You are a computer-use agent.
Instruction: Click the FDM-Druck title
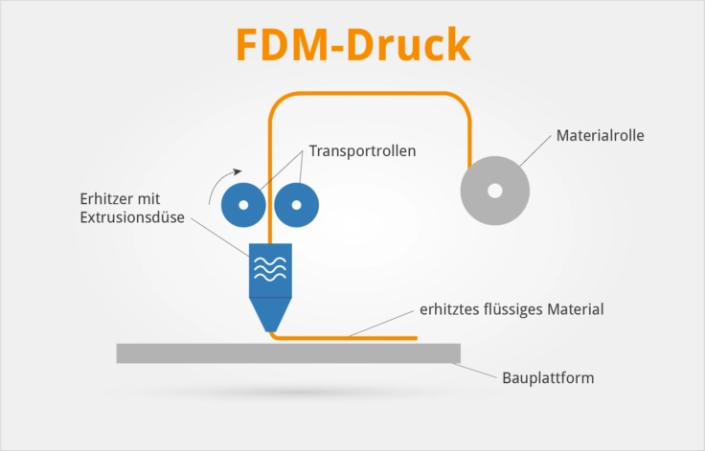click(353, 44)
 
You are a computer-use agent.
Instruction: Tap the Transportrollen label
click(362, 151)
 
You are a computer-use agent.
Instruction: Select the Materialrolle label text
click(601, 135)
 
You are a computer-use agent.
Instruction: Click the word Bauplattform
click(548, 377)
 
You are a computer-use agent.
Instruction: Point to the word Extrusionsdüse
click(132, 217)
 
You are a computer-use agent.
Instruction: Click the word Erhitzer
click(106, 199)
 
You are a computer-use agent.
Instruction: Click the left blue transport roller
click(243, 205)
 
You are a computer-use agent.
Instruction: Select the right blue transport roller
click(296, 205)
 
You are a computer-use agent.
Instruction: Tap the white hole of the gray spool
click(495, 191)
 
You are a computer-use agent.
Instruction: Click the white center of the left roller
click(243, 205)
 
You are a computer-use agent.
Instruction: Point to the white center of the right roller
click(296, 205)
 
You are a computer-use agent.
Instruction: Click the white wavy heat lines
click(270, 269)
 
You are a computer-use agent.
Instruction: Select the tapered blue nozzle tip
click(270, 315)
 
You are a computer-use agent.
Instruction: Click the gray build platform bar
click(288, 353)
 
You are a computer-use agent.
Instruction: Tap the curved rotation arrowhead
click(237, 171)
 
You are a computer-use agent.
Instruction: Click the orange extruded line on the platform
click(346, 338)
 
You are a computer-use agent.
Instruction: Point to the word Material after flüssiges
click(576, 309)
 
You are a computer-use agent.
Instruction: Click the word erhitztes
click(450, 309)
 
